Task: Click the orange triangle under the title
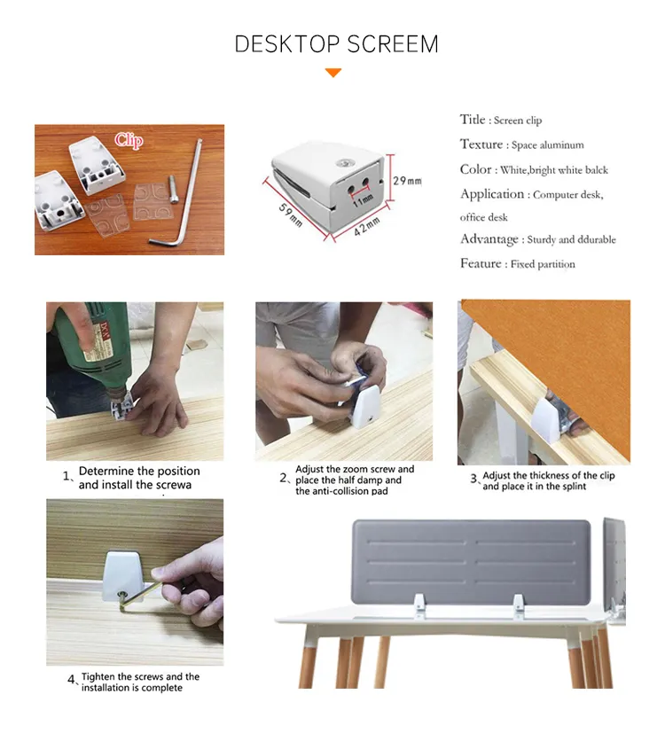tap(333, 73)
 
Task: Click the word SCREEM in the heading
tap(393, 44)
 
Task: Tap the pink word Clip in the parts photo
tap(129, 140)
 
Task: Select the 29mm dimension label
tap(407, 181)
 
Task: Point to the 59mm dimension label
tap(291, 215)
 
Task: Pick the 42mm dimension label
tap(367, 226)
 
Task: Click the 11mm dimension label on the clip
tap(363, 200)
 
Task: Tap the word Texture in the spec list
tap(481, 144)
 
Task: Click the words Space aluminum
tap(547, 144)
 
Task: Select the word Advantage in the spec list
tap(489, 238)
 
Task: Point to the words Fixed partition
tap(543, 264)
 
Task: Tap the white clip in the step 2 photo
tap(366, 407)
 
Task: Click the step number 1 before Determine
tap(66, 476)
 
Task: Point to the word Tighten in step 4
tap(98, 677)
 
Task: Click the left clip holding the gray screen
tap(419, 604)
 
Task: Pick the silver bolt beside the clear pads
tap(173, 189)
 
